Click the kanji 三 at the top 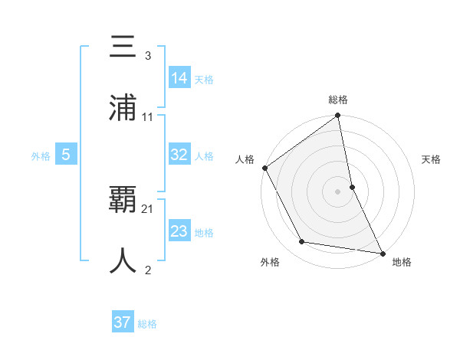(x=123, y=47)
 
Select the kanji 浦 (x=123, y=108)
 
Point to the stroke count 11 (x=148, y=116)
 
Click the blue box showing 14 (x=179, y=77)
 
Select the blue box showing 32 (x=179, y=155)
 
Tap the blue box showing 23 (x=179, y=231)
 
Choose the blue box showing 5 (x=66, y=155)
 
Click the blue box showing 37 (x=122, y=322)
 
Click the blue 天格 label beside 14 (x=204, y=80)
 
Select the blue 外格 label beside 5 (x=41, y=156)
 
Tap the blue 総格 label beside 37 (x=147, y=324)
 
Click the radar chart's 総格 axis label (x=338, y=100)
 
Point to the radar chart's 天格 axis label (x=432, y=159)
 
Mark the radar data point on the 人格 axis (x=265, y=168)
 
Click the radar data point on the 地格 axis (x=382, y=253)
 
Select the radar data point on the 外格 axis (x=302, y=242)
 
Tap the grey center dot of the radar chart (x=338, y=191)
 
